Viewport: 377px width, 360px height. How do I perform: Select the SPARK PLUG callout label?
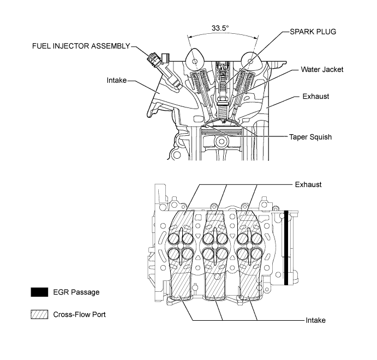[309, 32]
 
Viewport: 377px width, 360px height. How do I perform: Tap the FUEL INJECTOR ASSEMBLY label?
[81, 46]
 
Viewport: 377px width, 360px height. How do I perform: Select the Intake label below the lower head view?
[314, 320]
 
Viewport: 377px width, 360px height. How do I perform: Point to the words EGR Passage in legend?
[76, 292]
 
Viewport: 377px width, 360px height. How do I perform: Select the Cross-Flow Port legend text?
[80, 315]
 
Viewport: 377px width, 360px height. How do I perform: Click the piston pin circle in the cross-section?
[222, 142]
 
